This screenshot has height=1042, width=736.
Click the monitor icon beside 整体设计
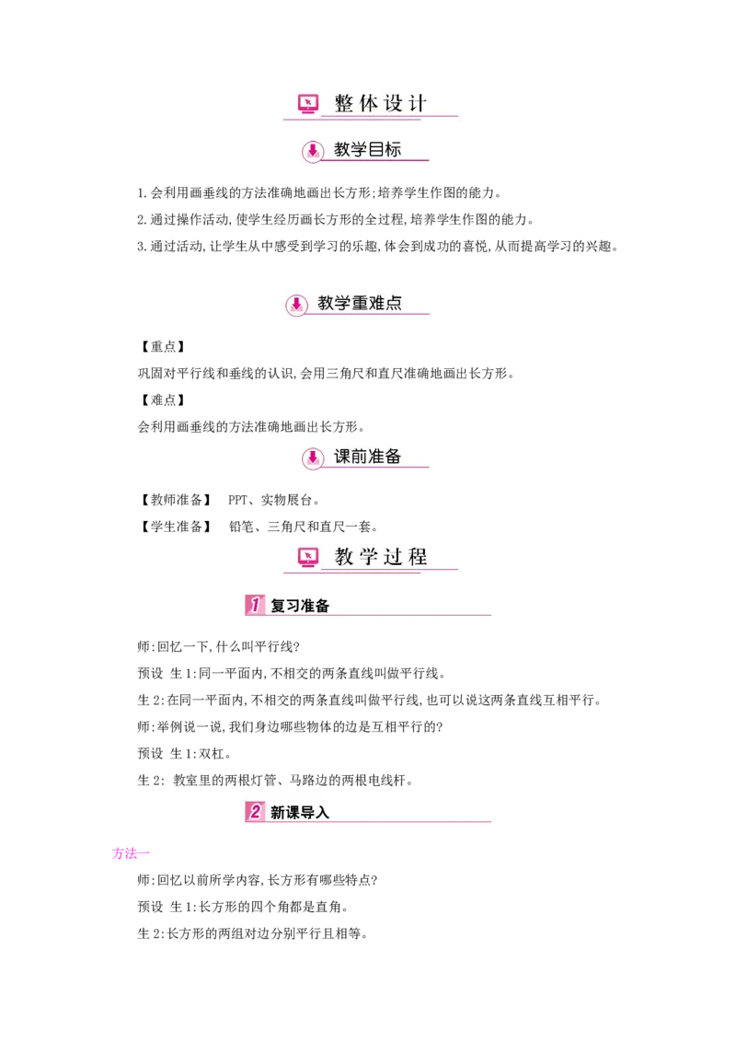(308, 103)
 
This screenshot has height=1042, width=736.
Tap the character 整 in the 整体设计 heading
(344, 103)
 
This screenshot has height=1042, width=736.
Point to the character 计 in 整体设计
(419, 103)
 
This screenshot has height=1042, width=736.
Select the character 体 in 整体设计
(368, 103)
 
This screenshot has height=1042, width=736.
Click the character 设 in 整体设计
(394, 103)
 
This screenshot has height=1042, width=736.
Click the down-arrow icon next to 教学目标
(313, 150)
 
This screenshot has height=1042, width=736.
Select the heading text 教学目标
(368, 149)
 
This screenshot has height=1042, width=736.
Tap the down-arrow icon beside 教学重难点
(296, 304)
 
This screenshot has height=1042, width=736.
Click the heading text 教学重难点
(360, 303)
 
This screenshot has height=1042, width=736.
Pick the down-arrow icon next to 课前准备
(313, 457)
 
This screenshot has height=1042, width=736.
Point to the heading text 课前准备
(368, 457)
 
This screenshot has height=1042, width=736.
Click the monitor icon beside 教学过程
(308, 556)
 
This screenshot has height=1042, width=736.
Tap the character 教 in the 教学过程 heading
(344, 556)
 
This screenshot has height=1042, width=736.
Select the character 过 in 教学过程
(394, 556)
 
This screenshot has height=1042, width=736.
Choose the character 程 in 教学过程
(419, 556)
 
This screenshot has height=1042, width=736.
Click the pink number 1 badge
(254, 605)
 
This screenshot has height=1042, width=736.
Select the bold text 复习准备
(300, 606)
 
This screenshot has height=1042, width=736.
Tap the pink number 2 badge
(254, 812)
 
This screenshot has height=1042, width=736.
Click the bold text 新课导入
(300, 813)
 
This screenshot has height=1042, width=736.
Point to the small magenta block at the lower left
(126, 854)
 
